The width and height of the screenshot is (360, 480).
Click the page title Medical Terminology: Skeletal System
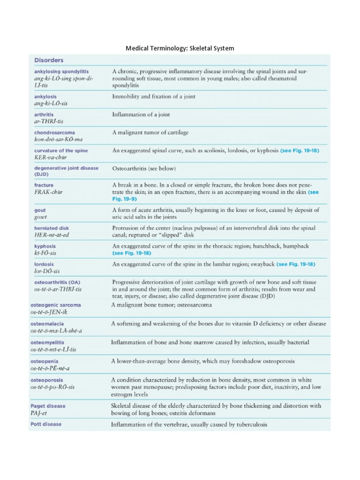pyautogui.click(x=180, y=48)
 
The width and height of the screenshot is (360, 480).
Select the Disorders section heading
pyautogui.click(x=49, y=60)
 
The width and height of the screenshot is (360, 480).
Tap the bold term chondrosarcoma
pyautogui.click(x=54, y=133)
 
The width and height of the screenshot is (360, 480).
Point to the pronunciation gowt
pyautogui.click(x=41, y=217)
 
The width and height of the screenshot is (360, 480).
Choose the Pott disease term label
pyautogui.click(x=47, y=424)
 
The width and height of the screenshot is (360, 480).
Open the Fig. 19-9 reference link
pyautogui.click(x=127, y=199)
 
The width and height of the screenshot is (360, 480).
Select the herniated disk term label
pyautogui.click(x=52, y=228)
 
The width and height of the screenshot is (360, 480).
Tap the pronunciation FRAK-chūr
pyautogui.click(x=50, y=192)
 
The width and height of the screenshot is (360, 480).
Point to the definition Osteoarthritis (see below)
pyautogui.click(x=144, y=168)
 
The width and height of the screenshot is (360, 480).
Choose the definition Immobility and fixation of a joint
pyautogui.click(x=154, y=97)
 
